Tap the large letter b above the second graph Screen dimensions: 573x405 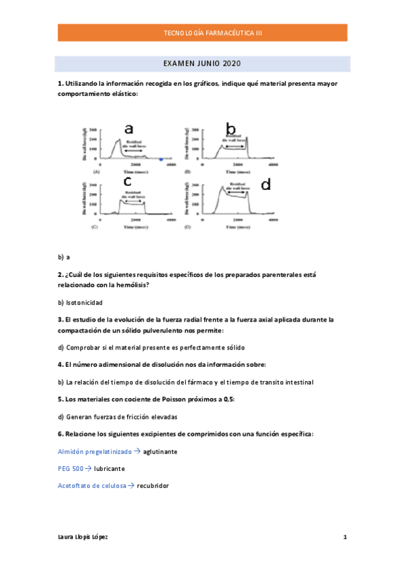[x=231, y=128]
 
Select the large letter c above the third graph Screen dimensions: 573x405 [x=128, y=180]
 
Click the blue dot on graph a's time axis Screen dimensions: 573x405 [x=161, y=159]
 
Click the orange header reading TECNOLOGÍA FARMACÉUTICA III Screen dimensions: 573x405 [x=203, y=32]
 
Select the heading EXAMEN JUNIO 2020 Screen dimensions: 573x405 [x=203, y=64]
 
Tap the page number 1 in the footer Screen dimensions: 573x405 [x=345, y=537]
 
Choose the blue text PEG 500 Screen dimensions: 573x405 [x=71, y=468]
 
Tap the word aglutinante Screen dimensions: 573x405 [x=160, y=451]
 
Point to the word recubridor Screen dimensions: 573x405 [x=153, y=486]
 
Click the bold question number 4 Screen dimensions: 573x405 [x=60, y=364]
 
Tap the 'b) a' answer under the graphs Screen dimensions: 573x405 [x=64, y=257]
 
